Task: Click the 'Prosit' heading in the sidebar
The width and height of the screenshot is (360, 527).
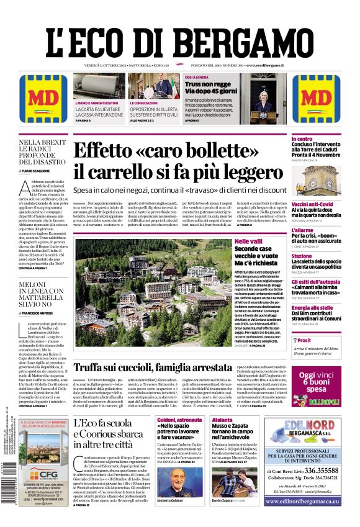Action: (x=304, y=340)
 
